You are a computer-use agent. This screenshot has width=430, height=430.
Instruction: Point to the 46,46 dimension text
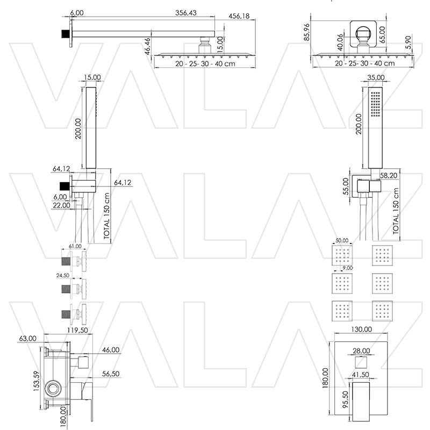pos(147,47)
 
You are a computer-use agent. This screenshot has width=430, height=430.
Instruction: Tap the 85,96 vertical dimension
pos(307,32)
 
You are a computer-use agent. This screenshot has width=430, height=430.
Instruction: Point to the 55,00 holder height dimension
pos(345,187)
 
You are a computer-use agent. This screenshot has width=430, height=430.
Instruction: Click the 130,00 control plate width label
pos(361,329)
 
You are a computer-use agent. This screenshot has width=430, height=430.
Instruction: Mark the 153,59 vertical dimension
pos(36,383)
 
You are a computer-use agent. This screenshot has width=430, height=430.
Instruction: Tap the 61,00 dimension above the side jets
pos(76,246)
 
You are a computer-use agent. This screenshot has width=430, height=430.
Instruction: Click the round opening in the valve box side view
pos(53,388)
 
